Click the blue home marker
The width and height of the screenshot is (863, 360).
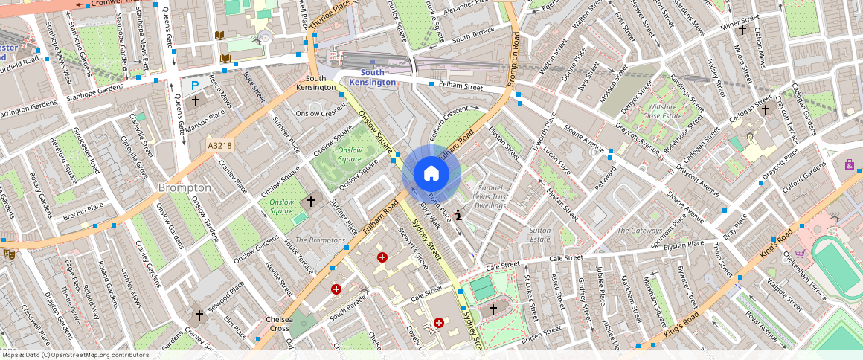(x=431, y=174)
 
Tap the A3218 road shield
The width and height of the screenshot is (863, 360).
(x=219, y=147)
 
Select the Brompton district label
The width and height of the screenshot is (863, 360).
(x=185, y=188)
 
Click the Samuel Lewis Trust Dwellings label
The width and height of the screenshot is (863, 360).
(x=490, y=196)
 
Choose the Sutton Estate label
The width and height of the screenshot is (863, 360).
(x=539, y=235)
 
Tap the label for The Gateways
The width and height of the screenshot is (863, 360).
(x=638, y=231)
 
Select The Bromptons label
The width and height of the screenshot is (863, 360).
(x=320, y=240)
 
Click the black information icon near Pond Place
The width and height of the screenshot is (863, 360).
(x=459, y=215)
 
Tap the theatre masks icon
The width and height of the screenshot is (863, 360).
(x=9, y=254)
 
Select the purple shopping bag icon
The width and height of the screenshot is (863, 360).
(x=849, y=164)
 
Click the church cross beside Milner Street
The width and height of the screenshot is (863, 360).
(x=742, y=30)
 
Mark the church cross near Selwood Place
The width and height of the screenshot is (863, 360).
(x=199, y=315)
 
